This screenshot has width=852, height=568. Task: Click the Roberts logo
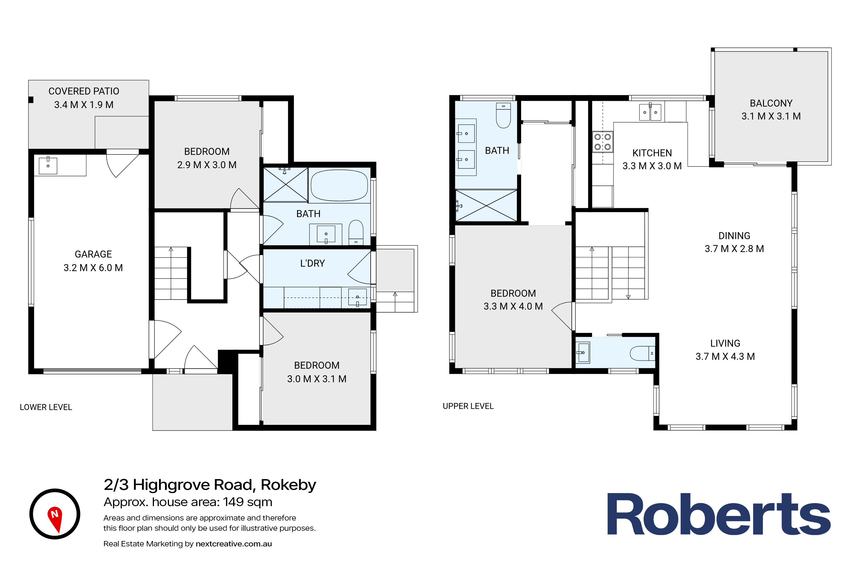click(x=719, y=514)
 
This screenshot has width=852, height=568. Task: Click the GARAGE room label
click(x=93, y=254)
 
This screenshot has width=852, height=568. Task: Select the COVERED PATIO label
click(x=84, y=91)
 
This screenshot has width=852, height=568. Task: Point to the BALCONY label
click(x=771, y=103)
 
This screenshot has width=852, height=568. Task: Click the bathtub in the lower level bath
click(x=339, y=185)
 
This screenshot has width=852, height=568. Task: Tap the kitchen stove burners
click(x=602, y=142)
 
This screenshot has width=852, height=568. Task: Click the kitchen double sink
click(x=650, y=112)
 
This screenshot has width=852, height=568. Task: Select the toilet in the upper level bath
click(x=503, y=115)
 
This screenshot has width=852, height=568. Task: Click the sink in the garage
click(x=48, y=165)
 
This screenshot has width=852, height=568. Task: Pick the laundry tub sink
click(x=357, y=297)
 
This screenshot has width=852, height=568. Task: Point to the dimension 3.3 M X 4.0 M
click(x=513, y=306)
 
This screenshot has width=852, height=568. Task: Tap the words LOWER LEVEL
click(x=46, y=407)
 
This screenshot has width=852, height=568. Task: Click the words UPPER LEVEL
click(x=468, y=406)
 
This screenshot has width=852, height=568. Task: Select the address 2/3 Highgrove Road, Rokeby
click(x=210, y=485)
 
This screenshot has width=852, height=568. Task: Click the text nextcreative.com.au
click(x=234, y=544)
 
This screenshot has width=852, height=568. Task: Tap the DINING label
click(x=734, y=236)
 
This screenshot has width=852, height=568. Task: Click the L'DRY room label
click(x=312, y=263)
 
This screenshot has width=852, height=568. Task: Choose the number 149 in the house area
click(x=233, y=502)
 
